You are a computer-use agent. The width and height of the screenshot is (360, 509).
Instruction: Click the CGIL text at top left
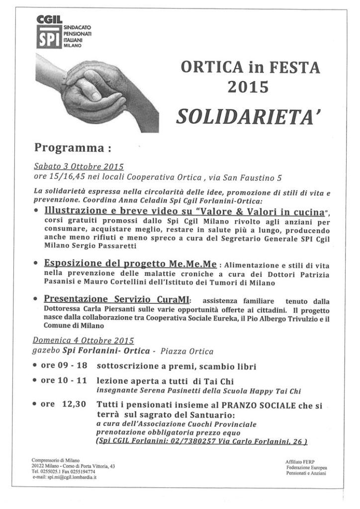tap(49, 19)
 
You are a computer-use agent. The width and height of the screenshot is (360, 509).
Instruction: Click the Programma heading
tap(72, 148)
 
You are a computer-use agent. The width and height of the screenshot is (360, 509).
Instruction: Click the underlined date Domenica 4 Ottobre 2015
tap(83, 341)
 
